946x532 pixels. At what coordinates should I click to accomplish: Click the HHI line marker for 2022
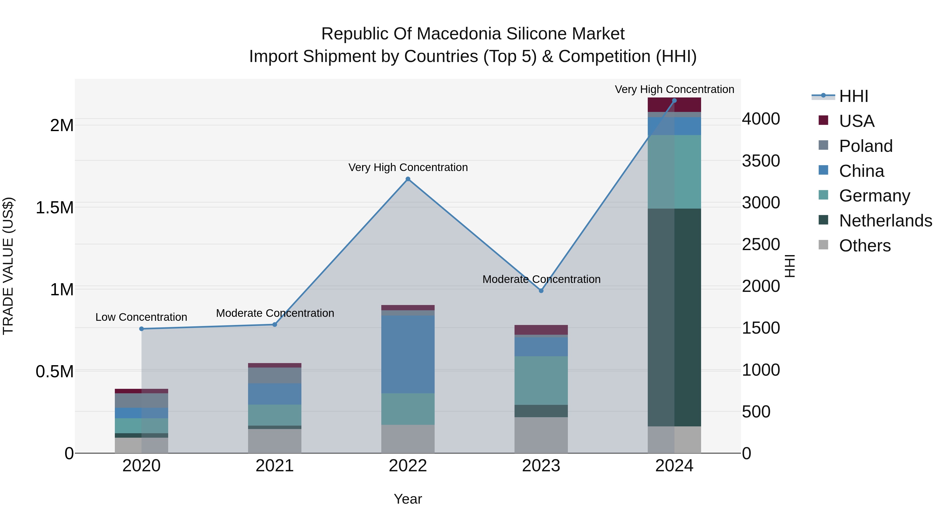[x=408, y=179]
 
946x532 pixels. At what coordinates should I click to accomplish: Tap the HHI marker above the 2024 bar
[x=674, y=101]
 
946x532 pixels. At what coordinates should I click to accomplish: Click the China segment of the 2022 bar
[x=408, y=354]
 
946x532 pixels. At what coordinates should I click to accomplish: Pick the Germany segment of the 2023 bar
[x=541, y=380]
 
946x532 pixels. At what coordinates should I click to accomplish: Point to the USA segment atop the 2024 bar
[x=674, y=105]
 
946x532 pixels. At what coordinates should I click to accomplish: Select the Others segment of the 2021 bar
[x=275, y=441]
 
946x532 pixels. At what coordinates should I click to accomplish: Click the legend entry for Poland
[x=866, y=146]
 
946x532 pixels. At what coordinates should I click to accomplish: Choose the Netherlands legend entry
[x=885, y=221]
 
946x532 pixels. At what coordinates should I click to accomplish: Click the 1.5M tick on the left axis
[x=54, y=208]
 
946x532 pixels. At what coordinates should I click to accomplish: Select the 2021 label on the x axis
[x=275, y=466]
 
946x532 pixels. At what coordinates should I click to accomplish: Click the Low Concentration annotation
[x=141, y=317]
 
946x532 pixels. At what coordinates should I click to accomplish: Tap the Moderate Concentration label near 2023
[x=541, y=279]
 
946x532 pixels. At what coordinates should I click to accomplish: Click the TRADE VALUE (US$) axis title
[x=8, y=266]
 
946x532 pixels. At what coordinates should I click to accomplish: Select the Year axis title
[x=408, y=499]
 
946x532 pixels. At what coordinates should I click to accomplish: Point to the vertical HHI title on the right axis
[x=790, y=266]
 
